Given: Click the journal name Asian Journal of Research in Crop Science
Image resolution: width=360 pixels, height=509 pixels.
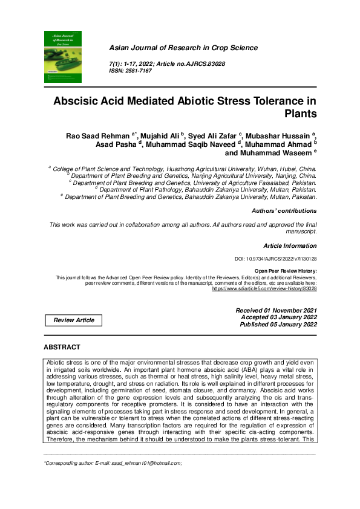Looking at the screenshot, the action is [183, 48].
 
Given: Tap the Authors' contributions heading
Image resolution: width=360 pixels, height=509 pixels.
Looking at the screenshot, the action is [284, 211].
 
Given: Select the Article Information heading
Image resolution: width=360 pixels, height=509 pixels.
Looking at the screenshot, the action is [290, 246].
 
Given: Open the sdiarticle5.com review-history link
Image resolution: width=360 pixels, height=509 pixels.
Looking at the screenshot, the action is [264, 288].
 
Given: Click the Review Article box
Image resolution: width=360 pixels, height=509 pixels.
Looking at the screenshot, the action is [74, 320].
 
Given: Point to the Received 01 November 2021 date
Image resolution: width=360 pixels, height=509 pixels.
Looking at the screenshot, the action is [276, 310].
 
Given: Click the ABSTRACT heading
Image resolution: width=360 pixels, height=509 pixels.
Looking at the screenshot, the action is [62, 347].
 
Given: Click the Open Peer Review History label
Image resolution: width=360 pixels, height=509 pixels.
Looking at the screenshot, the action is [286, 271].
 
